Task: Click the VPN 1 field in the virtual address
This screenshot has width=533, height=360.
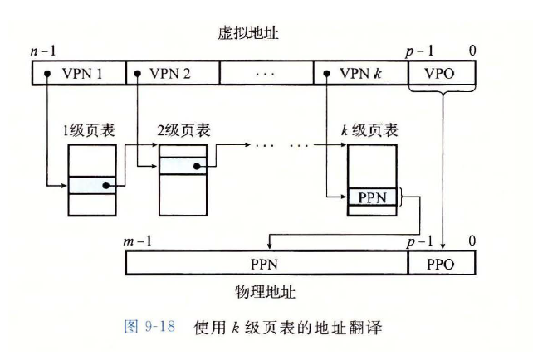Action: tap(79, 73)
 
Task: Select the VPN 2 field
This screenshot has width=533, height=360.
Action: tap(172, 73)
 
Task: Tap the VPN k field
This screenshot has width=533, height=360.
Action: tap(361, 73)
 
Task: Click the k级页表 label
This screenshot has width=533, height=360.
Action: tap(369, 130)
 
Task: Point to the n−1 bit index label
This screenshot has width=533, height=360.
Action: tap(39, 52)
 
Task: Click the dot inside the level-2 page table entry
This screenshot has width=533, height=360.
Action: tap(197, 166)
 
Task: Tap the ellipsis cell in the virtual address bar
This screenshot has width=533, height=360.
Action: tap(265, 73)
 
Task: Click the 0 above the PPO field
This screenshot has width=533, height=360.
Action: tap(472, 241)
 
